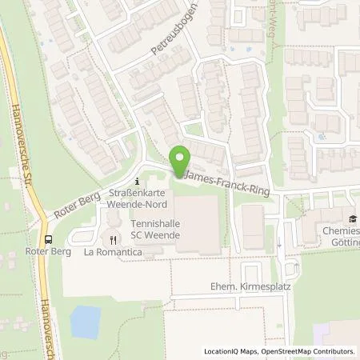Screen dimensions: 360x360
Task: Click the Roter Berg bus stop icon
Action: [x=50, y=238]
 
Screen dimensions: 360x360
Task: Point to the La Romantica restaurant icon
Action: [x=114, y=238]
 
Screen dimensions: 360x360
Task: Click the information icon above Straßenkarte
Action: [x=137, y=179]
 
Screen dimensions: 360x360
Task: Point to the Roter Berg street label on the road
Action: [x=77, y=210]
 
